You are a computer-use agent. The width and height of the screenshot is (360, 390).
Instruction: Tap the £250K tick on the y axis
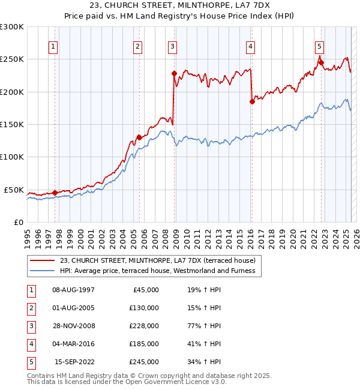[12, 59]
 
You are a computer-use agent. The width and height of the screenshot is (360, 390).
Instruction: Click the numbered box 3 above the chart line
[173, 47]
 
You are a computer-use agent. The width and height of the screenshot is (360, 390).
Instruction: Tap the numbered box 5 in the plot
[320, 47]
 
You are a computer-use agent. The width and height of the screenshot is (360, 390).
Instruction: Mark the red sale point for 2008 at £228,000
[174, 74]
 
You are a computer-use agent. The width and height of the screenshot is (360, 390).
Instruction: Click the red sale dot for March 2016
[252, 101]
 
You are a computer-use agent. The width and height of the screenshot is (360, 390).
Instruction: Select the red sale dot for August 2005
[139, 137]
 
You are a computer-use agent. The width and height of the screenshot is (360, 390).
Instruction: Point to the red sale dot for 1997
[55, 193]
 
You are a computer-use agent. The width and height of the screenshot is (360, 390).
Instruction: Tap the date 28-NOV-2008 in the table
[74, 326]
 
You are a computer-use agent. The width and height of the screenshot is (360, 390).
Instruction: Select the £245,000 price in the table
[144, 362]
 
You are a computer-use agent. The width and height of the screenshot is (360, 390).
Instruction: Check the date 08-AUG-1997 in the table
[74, 290]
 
